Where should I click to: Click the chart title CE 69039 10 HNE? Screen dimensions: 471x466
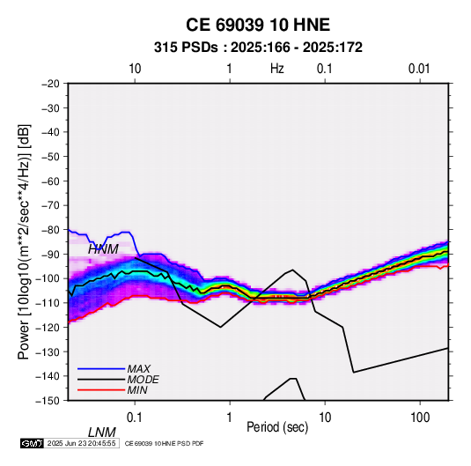[x=258, y=25]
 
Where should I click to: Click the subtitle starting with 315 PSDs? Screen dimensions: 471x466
[x=258, y=48]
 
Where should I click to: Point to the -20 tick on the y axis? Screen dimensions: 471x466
[x=50, y=84]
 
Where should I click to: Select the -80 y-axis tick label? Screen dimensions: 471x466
[x=50, y=230]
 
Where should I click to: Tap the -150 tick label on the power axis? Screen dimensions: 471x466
[x=48, y=401]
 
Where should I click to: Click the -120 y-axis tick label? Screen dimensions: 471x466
[x=48, y=327]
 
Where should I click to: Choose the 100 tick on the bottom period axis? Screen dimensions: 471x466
[x=420, y=418]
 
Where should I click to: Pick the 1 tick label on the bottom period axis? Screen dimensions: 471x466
[x=230, y=418]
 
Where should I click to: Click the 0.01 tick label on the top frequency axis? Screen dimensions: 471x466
[x=419, y=69]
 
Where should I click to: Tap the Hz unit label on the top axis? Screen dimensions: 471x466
[x=277, y=69]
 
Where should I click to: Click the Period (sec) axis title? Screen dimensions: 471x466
[x=277, y=427]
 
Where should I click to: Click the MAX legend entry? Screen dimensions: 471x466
[x=139, y=369]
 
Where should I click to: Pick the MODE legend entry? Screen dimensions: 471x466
[x=143, y=380]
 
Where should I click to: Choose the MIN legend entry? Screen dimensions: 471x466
[x=137, y=390]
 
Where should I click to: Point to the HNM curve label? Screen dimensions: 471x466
[x=103, y=249]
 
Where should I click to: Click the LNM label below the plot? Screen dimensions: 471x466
[x=102, y=433]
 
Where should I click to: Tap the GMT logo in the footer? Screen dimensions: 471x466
[x=33, y=443]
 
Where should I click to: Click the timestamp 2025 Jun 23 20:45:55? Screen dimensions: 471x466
[x=81, y=443]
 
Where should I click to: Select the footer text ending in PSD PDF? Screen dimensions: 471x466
[x=164, y=443]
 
